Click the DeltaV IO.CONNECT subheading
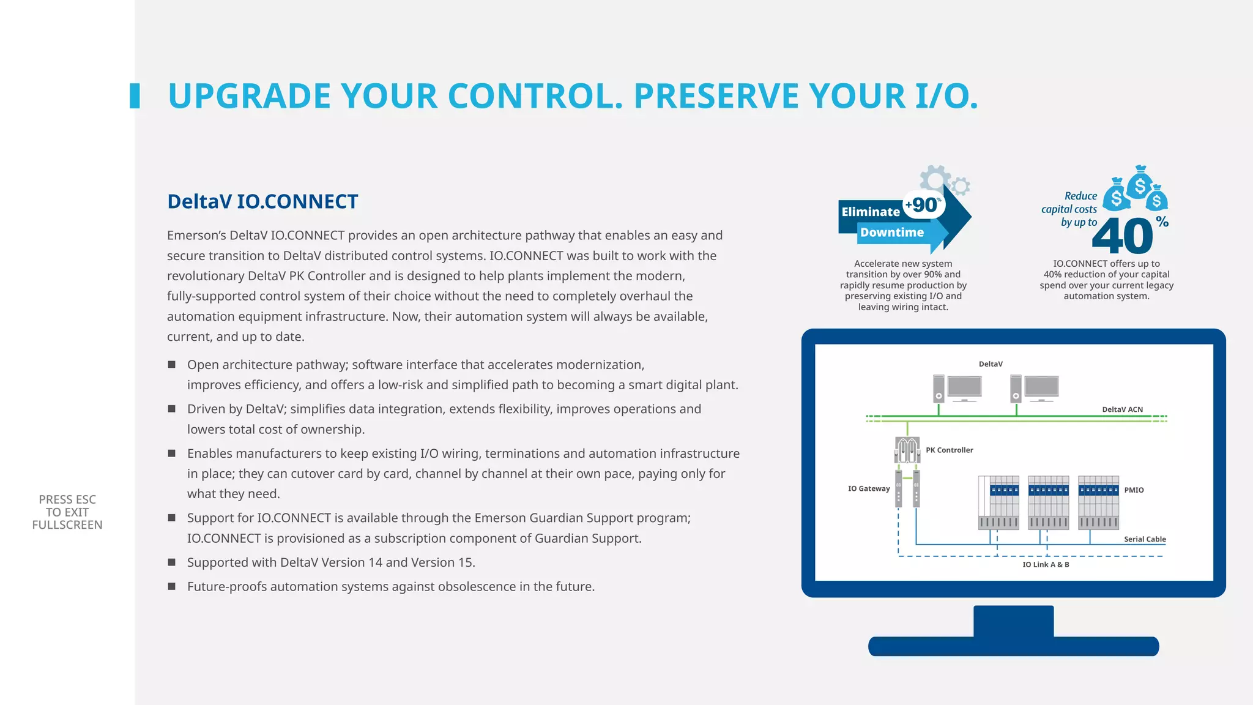(262, 201)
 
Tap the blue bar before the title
(135, 96)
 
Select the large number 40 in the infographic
(1122, 236)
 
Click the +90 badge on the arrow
(924, 204)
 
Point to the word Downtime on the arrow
(891, 233)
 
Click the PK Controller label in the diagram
(949, 450)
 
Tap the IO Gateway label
(868, 488)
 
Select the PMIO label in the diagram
(1134, 490)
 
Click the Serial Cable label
(1144, 539)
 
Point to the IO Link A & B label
(1046, 564)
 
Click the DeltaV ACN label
(1122, 409)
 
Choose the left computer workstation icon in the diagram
(957, 389)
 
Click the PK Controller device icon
(907, 450)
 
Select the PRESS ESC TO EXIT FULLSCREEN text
(67, 512)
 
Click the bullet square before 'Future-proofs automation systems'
(172, 586)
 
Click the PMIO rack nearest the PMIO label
(1098, 502)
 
